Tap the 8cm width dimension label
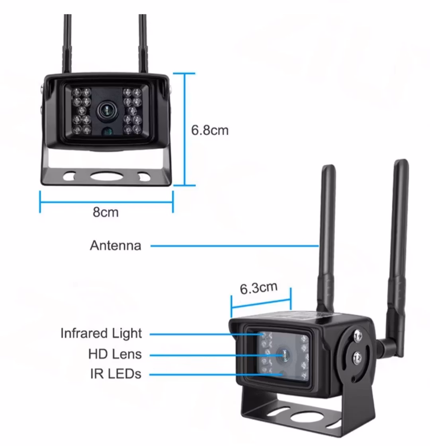click(x=106, y=212)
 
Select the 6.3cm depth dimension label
click(x=258, y=287)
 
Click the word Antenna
click(x=115, y=245)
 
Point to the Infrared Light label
click(x=101, y=333)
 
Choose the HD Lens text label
click(x=115, y=354)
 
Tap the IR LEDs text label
click(x=116, y=374)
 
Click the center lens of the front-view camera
click(x=106, y=111)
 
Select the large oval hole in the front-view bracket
click(x=106, y=176)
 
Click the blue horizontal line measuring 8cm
click(x=106, y=202)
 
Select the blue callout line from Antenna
click(x=235, y=246)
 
